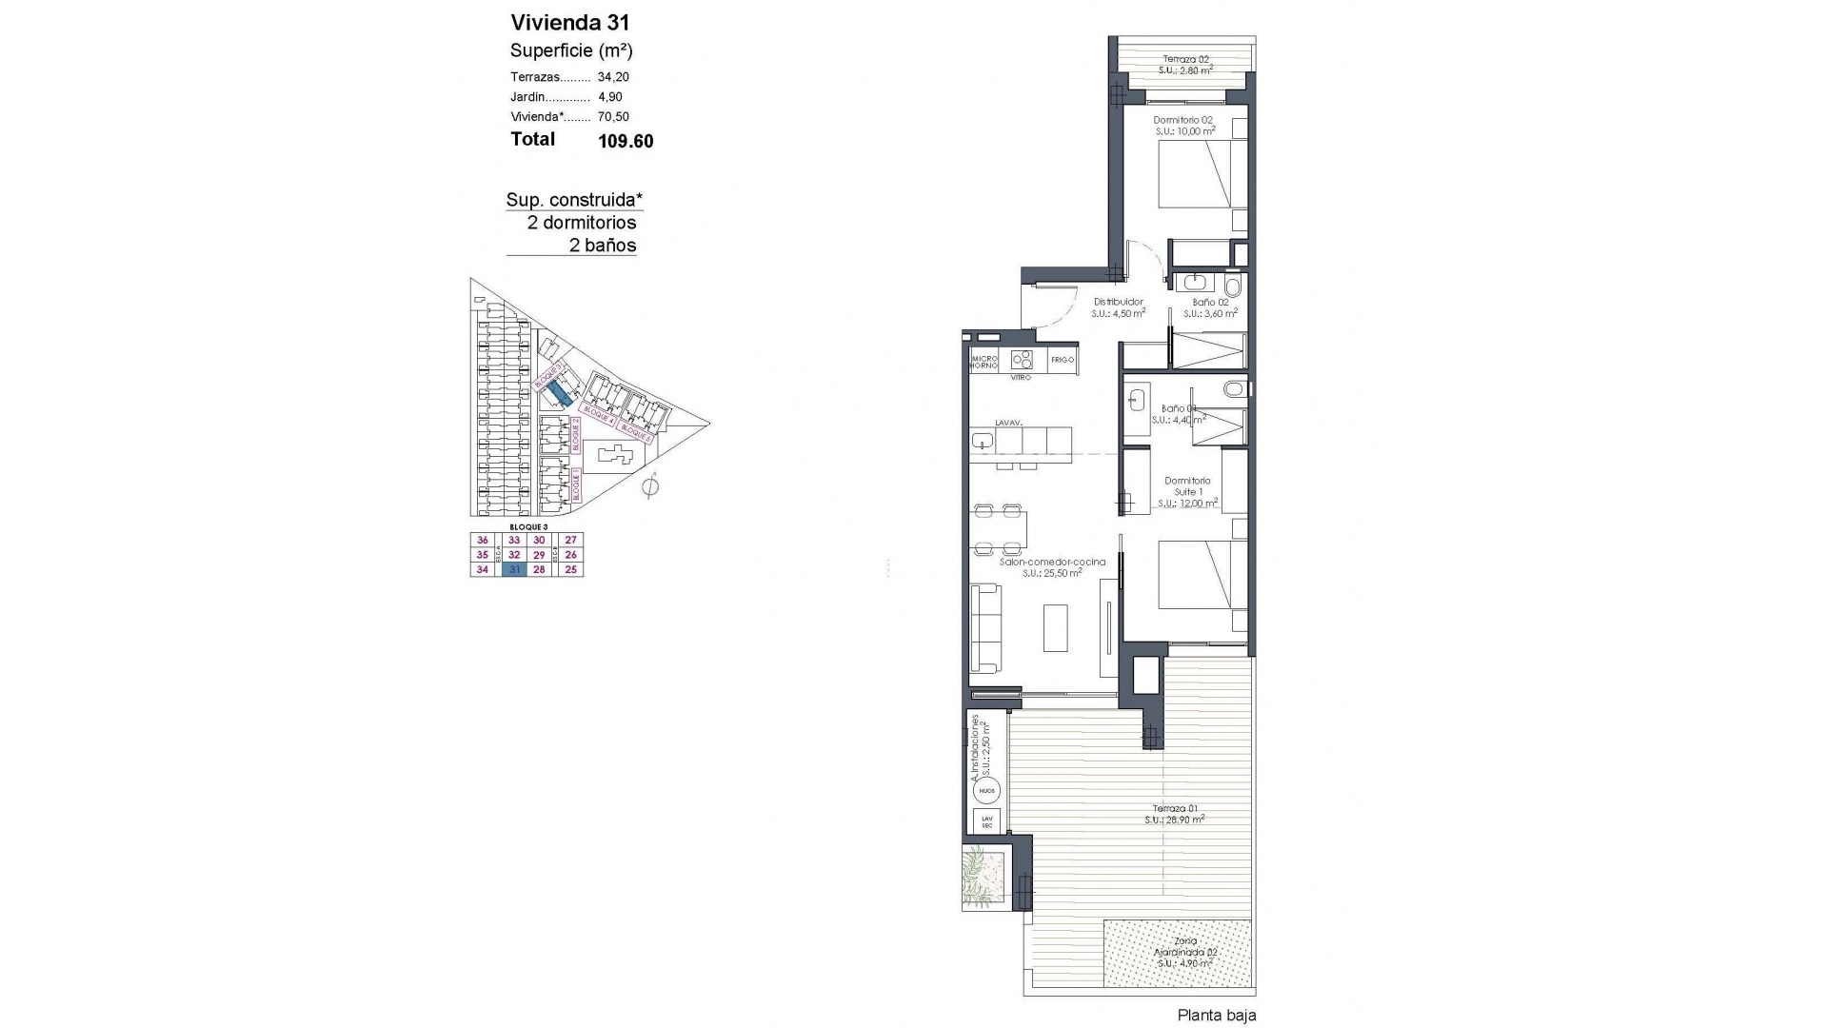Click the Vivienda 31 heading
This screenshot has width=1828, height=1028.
click(x=569, y=23)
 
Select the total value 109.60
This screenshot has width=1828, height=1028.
click(x=626, y=142)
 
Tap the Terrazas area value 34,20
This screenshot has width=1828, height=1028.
click(x=613, y=77)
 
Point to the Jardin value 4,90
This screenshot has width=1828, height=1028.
click(x=609, y=97)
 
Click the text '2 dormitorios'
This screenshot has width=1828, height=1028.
click(x=582, y=223)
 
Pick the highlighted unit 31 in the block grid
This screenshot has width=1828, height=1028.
click(x=514, y=570)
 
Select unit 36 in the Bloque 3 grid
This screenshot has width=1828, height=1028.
click(x=483, y=541)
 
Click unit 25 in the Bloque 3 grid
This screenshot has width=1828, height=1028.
click(x=571, y=570)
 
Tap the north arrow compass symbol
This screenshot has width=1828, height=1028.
click(x=650, y=487)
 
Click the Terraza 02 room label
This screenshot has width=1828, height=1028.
click(x=1185, y=60)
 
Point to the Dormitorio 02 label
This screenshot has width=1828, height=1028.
click(x=1182, y=121)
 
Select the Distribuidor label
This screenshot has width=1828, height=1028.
click(x=1118, y=303)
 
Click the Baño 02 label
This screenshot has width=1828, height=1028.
click(x=1211, y=303)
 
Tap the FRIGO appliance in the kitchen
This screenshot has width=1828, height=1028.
click(x=1063, y=360)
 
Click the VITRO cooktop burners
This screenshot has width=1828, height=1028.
click(x=1022, y=360)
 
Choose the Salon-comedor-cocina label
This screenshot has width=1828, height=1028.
click(x=1052, y=563)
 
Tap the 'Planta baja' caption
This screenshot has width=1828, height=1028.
click(x=1216, y=1016)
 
